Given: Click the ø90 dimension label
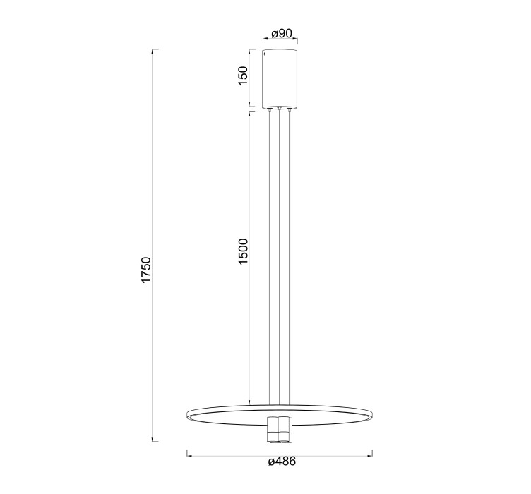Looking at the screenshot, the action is (x=282, y=33).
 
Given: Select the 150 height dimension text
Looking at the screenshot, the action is (x=244, y=76).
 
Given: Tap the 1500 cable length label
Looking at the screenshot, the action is (x=244, y=251).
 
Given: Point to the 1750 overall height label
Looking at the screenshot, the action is (x=146, y=270).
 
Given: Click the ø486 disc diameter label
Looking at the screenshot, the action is (x=282, y=461).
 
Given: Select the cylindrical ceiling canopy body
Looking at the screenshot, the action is (x=280, y=79).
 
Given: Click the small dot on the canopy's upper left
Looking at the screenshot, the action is (x=265, y=53).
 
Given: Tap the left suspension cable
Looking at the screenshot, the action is (x=270, y=257).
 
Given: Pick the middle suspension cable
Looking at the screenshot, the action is (x=280, y=257).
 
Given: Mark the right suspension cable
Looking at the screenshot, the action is (x=290, y=257).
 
